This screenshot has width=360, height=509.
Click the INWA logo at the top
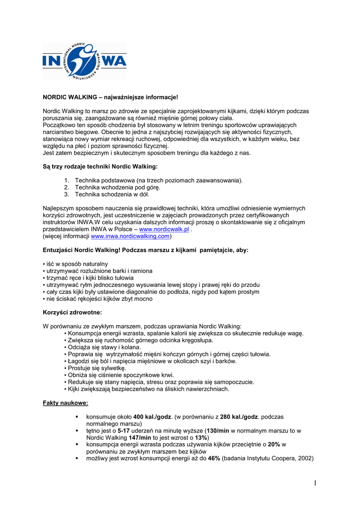84,61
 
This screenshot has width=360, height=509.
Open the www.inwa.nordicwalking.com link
126,237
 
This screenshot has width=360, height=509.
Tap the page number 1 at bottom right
316,483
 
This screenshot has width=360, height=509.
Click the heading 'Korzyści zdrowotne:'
72,313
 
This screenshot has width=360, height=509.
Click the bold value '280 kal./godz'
239,417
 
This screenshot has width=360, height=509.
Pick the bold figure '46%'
214,458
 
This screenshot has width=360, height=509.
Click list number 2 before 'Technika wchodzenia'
67,187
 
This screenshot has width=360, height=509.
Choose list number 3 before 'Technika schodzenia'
67,194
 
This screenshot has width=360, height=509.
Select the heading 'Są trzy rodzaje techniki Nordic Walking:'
100,167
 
